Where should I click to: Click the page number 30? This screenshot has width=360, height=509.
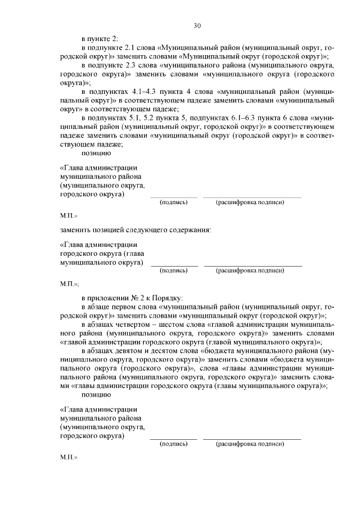(x=197, y=25)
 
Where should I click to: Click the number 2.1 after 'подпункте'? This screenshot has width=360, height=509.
(x=130, y=49)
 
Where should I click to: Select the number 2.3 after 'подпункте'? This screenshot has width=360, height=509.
(x=130, y=65)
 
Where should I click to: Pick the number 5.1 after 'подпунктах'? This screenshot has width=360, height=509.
(x=132, y=118)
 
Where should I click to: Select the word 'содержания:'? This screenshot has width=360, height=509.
(x=194, y=229)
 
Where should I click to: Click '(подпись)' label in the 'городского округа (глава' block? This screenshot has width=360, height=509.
(x=174, y=271)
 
